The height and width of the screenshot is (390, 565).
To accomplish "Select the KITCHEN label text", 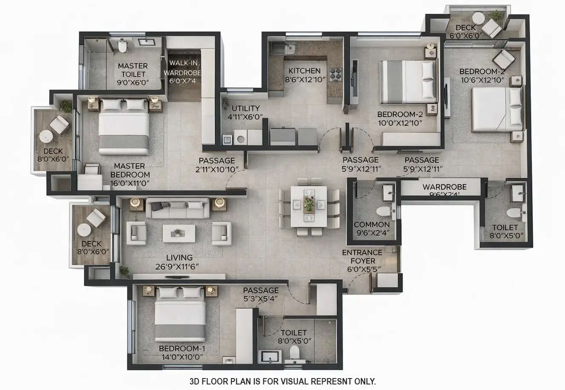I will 304,71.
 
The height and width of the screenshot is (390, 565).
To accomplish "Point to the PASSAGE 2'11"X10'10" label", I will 216,165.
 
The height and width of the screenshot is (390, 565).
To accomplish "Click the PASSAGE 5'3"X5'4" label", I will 261,294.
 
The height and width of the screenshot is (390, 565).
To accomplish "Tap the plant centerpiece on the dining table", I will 309,205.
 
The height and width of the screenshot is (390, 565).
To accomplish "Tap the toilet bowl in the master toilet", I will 123,46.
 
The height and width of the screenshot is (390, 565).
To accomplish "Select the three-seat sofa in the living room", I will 178,208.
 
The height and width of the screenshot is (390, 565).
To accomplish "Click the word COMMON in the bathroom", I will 372,224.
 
